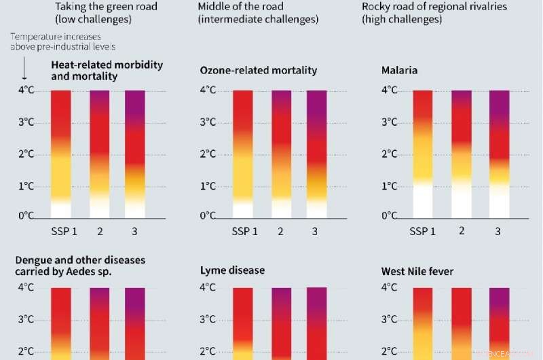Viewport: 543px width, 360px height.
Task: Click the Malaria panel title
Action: coord(400,70)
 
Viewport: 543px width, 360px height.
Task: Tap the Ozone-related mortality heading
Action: coord(259,71)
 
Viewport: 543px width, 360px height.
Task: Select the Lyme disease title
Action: coord(232,270)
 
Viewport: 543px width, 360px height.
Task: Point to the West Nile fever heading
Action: coord(417,272)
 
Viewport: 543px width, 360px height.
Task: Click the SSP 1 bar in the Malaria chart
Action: coord(423,154)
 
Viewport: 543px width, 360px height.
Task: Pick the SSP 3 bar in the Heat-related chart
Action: coord(134,154)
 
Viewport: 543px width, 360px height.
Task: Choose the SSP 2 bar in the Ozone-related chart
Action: coord(281,154)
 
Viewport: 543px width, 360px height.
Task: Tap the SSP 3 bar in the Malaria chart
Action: coord(499,154)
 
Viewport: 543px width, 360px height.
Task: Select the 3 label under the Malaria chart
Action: coord(498,232)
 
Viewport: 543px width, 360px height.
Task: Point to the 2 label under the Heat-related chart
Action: coord(99,232)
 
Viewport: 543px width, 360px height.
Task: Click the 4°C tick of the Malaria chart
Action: coord(390,90)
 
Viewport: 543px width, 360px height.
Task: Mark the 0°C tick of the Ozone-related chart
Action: coord(208,216)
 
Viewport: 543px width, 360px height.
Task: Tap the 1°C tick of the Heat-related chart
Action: coord(26,185)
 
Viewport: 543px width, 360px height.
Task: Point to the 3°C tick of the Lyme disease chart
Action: coord(209,319)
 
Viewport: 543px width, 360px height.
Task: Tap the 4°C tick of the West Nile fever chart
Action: coord(390,287)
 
